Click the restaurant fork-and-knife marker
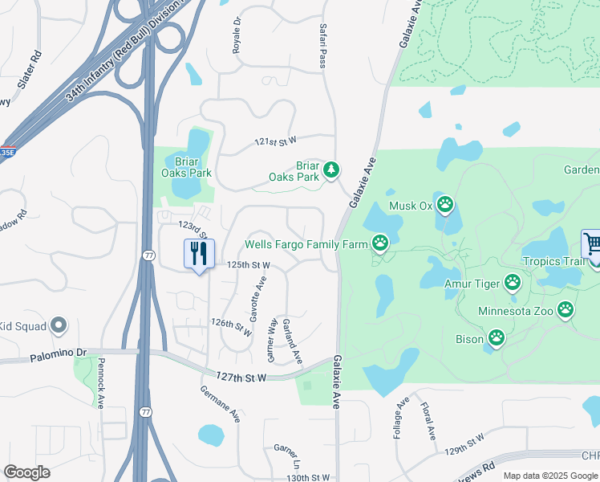pyautogui.click(x=199, y=254)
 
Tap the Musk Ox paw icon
pyautogui.click(x=445, y=206)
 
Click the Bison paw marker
pyautogui.click(x=497, y=339)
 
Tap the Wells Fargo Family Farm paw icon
pyautogui.click(x=380, y=243)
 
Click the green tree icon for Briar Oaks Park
pyautogui.click(x=330, y=170)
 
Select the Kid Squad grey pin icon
pyautogui.click(x=58, y=325)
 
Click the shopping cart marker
pyautogui.click(x=592, y=243)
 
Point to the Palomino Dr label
pyautogui.click(x=58, y=354)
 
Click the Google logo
pyautogui.click(x=26, y=472)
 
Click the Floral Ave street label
pyautogui.click(x=428, y=421)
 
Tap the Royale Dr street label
pyautogui.click(x=237, y=37)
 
